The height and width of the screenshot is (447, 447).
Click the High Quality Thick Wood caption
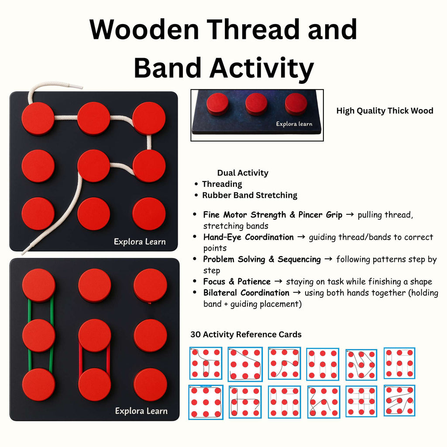pos(385,111)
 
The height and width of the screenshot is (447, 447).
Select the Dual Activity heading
pos(243,173)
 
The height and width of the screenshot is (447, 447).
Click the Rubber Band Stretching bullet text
pos(249,195)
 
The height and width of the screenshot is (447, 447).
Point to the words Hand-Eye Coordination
pos(248,237)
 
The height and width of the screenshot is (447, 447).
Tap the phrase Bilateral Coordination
pos(246,292)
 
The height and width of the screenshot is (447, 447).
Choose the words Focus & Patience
pos(237,282)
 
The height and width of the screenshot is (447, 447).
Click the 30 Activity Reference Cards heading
pos(246,334)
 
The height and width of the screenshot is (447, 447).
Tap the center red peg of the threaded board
pos(94,166)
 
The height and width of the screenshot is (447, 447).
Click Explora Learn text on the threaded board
pos(140,241)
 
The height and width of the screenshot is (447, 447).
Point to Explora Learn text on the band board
pos(141,411)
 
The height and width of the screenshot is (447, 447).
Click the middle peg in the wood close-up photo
pos(256,104)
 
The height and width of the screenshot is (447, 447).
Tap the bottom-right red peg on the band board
pos(150,385)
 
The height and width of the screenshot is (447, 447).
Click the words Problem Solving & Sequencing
pos(261,259)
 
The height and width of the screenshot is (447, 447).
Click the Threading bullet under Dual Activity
pos(222,184)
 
